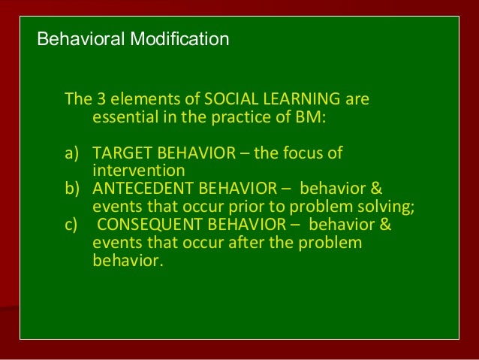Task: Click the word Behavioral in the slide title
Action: (x=71, y=38)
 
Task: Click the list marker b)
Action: (x=72, y=189)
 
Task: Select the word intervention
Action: (x=138, y=171)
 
